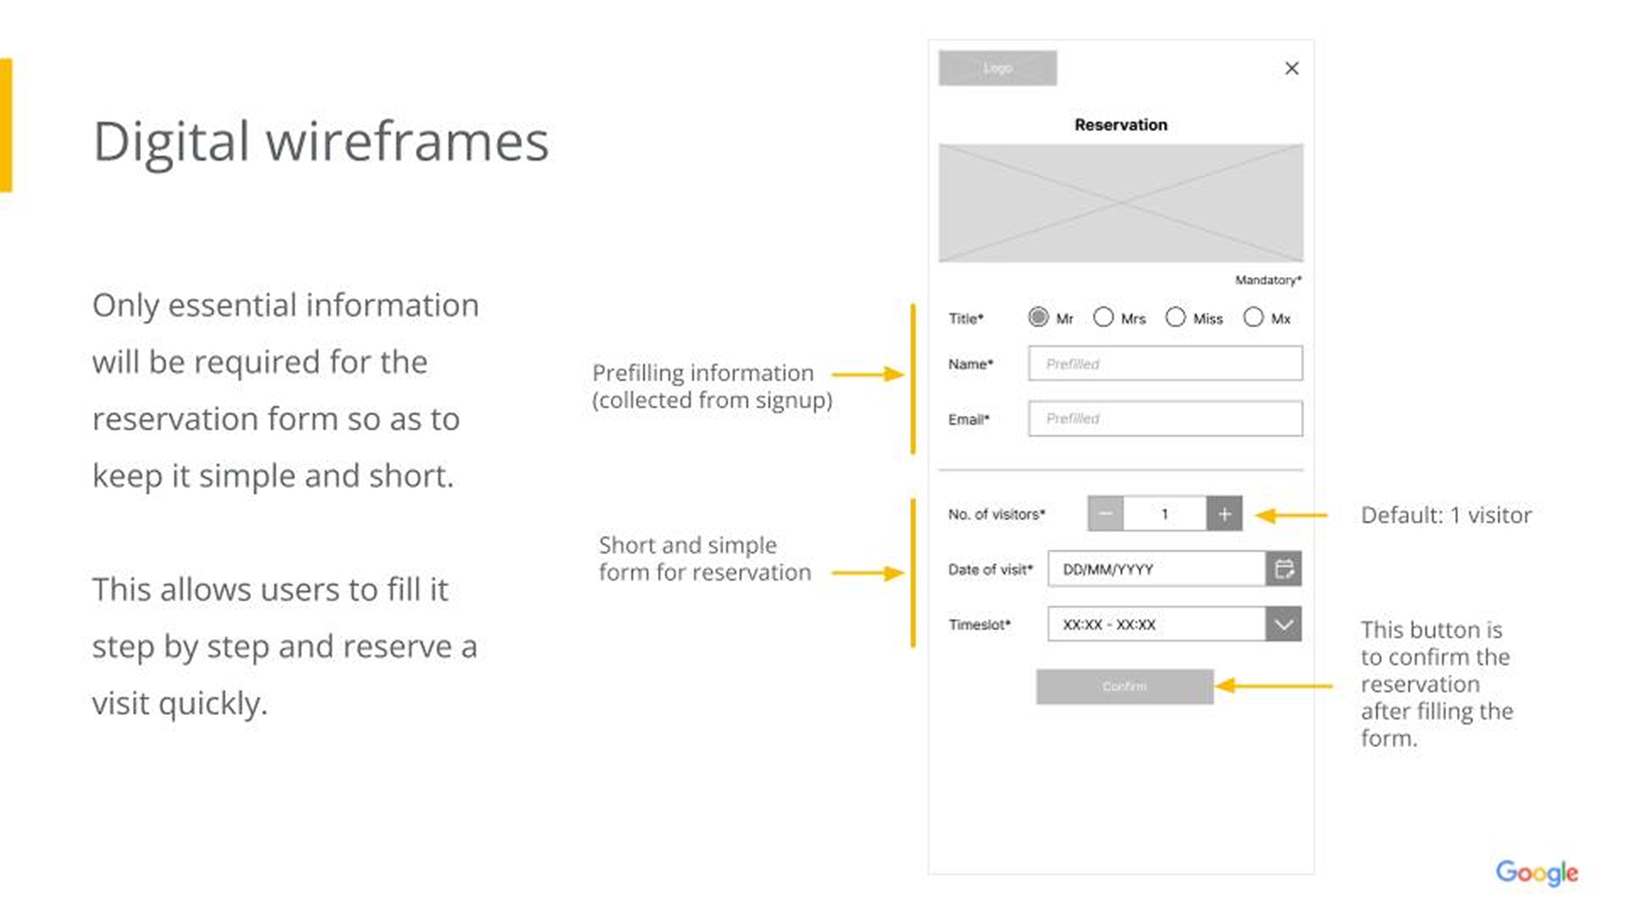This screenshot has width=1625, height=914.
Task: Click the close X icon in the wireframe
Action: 1291,68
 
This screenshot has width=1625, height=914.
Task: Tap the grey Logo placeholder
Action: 998,68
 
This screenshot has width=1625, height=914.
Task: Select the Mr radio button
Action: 1038,317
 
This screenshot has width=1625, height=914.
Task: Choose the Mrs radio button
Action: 1103,317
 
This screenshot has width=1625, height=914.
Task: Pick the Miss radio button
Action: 1175,317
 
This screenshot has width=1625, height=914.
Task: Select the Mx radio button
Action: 1253,317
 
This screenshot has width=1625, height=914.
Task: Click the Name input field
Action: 1164,364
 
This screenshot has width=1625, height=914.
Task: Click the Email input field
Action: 1164,418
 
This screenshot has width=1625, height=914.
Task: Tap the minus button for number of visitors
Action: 1105,514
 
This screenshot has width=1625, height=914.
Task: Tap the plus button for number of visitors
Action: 1225,514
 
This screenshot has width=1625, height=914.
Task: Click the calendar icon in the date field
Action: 1284,569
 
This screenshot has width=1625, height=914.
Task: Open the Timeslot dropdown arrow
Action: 1284,625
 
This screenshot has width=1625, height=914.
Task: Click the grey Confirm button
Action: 1124,686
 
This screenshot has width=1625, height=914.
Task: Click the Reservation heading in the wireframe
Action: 1121,125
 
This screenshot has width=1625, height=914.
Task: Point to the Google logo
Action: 1537,873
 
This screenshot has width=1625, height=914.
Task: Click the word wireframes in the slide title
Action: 407,142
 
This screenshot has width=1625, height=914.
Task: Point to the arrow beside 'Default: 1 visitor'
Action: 1291,515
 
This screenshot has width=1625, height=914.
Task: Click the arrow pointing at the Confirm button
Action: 1274,686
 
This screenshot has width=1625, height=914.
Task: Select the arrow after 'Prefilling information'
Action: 868,374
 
